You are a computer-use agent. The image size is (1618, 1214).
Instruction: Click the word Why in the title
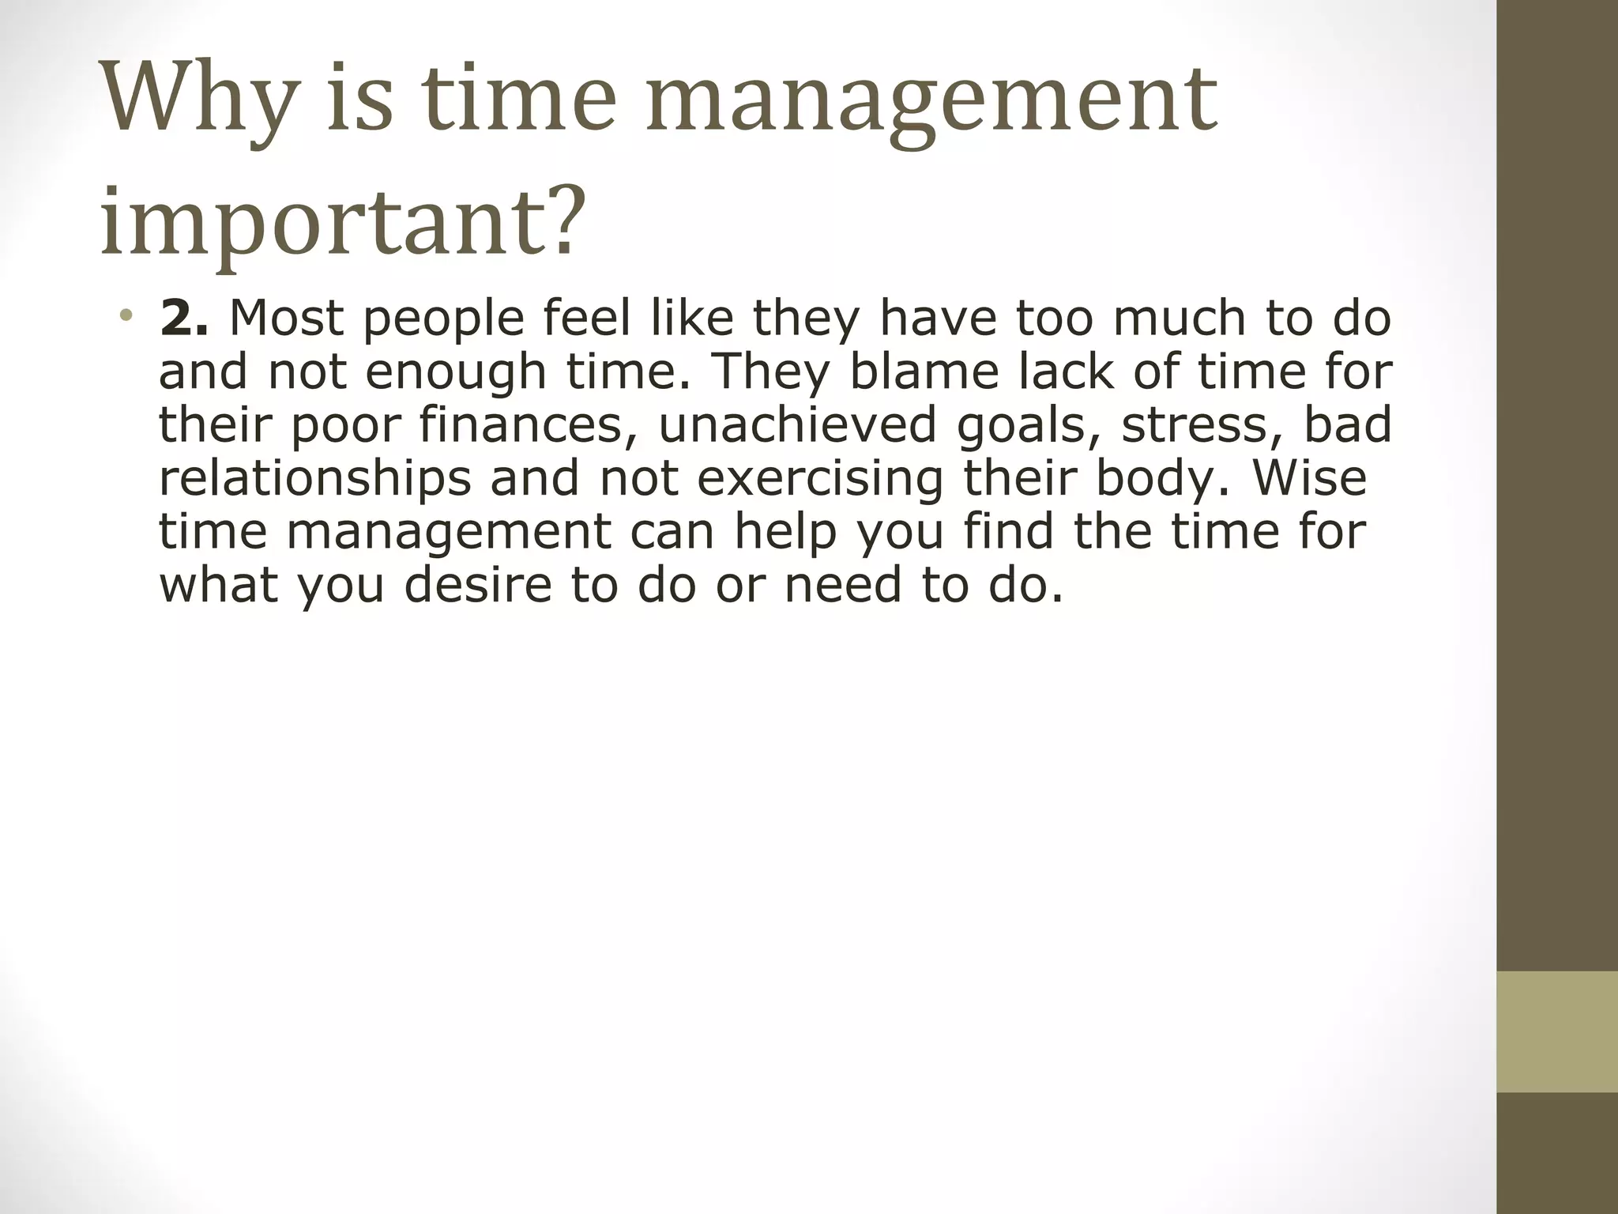(198, 103)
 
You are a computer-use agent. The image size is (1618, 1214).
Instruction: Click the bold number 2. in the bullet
(183, 318)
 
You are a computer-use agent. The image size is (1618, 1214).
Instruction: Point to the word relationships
(315, 477)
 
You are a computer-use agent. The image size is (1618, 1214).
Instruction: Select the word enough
(457, 372)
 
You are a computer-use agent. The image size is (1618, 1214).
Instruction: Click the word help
(785, 531)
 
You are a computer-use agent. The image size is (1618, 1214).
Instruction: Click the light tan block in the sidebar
(1556, 1031)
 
